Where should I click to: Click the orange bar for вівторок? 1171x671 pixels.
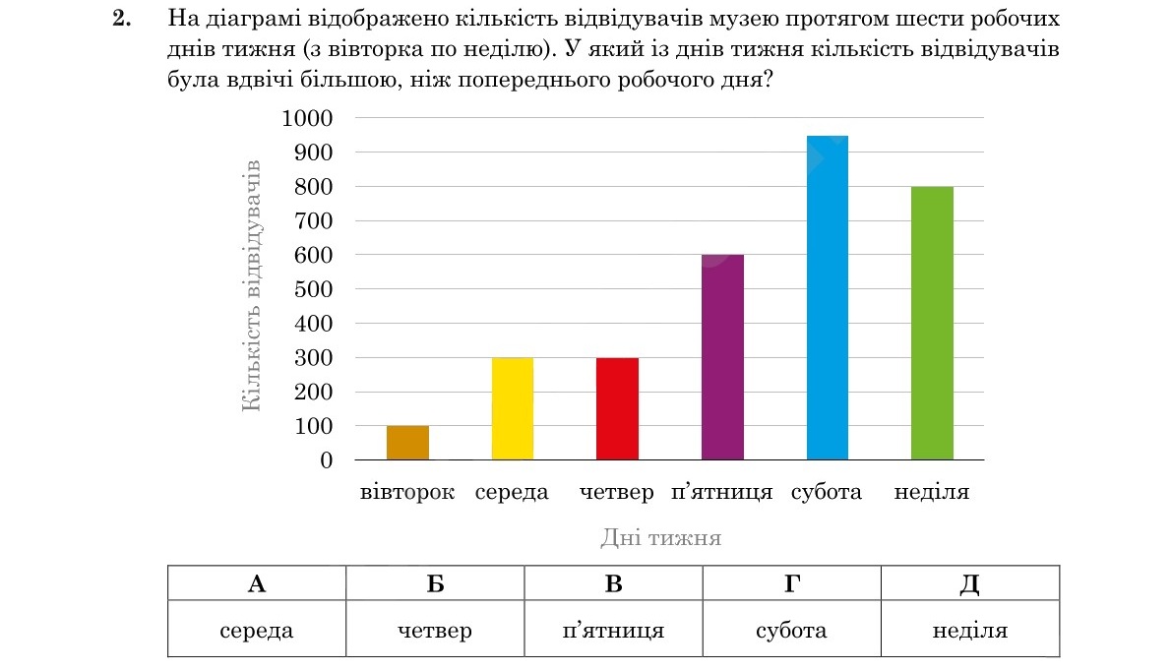[407, 443]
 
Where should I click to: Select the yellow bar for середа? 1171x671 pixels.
[513, 409]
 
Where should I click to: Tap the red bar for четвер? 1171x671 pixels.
[618, 409]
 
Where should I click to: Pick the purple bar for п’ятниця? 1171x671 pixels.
[723, 357]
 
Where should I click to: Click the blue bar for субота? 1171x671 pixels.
[828, 298]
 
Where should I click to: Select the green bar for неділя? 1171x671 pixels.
[932, 323]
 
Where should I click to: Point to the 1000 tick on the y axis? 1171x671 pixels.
[307, 118]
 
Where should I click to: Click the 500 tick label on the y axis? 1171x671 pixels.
[313, 289]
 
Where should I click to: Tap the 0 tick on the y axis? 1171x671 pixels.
[327, 460]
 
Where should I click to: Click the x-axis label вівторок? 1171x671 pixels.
[407, 492]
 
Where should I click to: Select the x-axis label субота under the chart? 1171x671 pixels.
[827, 492]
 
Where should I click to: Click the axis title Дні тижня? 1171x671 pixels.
[661, 537]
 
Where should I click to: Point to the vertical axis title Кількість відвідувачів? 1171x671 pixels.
[252, 286]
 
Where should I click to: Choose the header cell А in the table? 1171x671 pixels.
[257, 582]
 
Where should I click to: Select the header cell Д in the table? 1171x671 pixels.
[970, 582]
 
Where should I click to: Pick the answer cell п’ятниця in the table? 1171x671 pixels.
[613, 630]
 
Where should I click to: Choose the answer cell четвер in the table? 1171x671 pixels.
[435, 630]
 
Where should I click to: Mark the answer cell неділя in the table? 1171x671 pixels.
[970, 630]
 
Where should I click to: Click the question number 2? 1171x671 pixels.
[122, 18]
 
